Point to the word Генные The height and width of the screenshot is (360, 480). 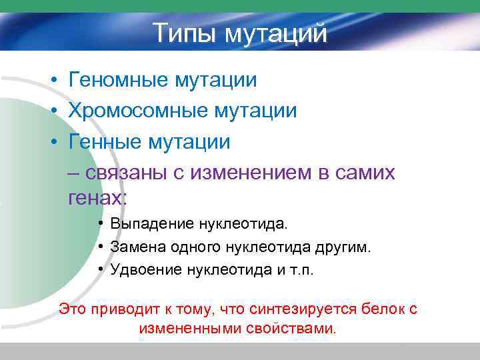click(x=106, y=141)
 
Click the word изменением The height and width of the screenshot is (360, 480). click(x=253, y=173)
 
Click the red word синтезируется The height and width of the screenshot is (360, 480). click(x=296, y=309)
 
